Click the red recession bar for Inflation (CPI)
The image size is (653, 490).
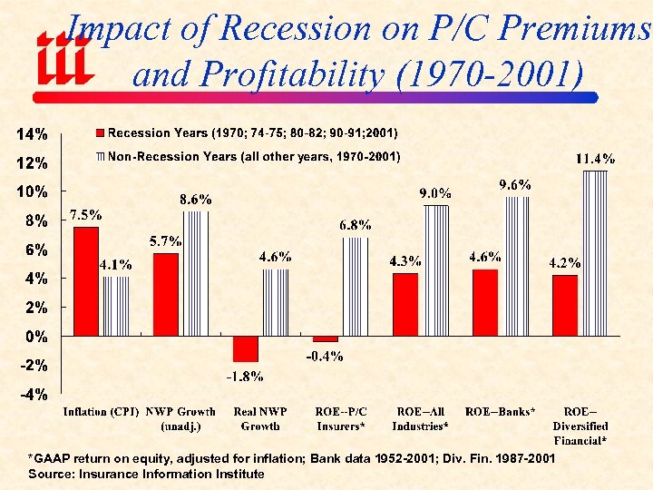click(x=86, y=281)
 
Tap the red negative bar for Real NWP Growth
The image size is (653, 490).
click(x=245, y=349)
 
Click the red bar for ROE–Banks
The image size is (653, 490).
click(x=485, y=303)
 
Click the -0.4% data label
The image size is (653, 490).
click(x=324, y=357)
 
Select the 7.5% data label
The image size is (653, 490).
click(x=86, y=215)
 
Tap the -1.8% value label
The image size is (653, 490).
click(x=245, y=376)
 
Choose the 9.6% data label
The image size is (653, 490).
click(x=515, y=184)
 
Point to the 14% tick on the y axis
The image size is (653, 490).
click(x=32, y=134)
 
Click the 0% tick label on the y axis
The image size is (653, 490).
click(x=36, y=337)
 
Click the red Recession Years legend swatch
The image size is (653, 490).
click(x=102, y=133)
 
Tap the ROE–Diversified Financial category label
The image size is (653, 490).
click(x=580, y=426)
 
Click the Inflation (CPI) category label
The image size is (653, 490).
click(x=101, y=413)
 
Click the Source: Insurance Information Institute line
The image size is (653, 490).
click(x=147, y=474)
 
